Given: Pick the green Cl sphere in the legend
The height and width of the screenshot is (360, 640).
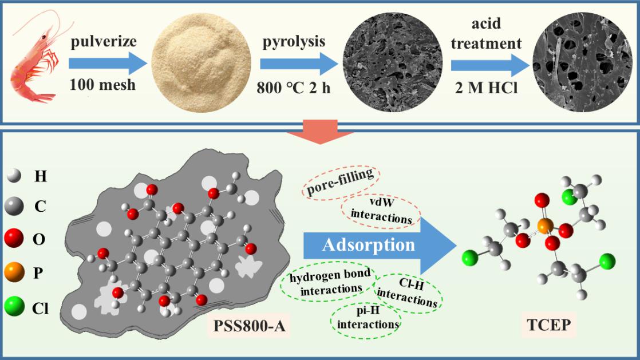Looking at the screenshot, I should [x=15, y=308].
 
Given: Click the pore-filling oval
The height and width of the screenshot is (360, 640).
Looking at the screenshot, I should [x=339, y=181].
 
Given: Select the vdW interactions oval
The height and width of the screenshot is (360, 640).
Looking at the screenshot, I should [x=381, y=212].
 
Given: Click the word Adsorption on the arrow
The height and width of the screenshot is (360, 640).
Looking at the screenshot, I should [x=368, y=245].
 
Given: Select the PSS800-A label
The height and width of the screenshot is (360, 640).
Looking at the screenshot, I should [x=250, y=329].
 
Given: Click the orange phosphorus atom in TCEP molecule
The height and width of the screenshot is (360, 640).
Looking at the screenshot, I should [x=545, y=225].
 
